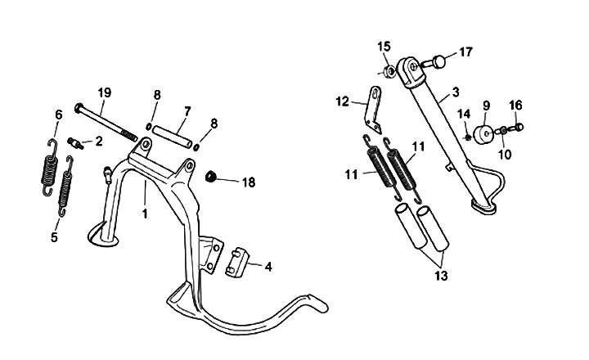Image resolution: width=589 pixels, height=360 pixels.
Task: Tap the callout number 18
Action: [x=249, y=182]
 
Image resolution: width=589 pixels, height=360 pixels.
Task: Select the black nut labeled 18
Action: [x=210, y=175]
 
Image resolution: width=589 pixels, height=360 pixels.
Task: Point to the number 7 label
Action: [x=187, y=111]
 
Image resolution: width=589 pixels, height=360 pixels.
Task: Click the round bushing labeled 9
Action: [x=485, y=133]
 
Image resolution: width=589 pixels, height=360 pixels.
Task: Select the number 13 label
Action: [x=441, y=276]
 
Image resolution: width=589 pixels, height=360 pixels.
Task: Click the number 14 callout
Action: [x=462, y=113]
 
